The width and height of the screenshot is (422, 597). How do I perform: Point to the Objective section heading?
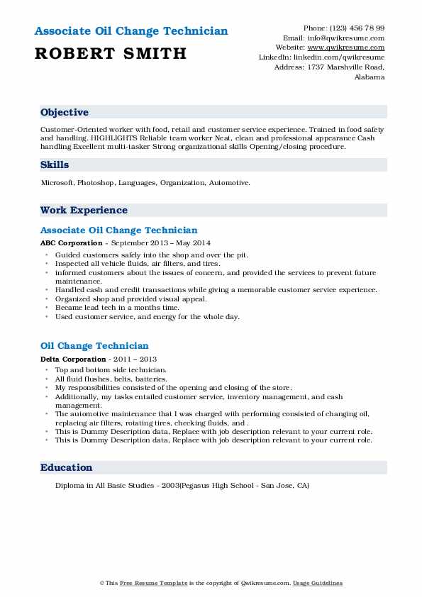65,113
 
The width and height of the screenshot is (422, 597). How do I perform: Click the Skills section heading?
55,164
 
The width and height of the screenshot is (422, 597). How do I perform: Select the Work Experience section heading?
84,210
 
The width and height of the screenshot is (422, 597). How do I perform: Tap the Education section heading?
66,467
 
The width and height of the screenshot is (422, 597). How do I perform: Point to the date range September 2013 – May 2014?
151,242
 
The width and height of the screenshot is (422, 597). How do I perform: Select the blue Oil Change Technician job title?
94,346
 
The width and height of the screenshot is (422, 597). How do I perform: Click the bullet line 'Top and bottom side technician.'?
111,370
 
